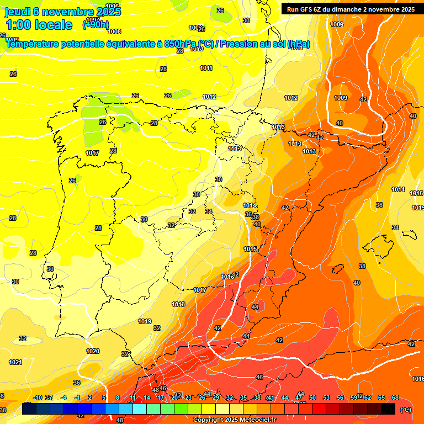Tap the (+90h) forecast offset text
pyautogui.click(x=96, y=24)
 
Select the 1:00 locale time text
pyautogui.click(x=39, y=25)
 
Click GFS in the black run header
pyautogui.click(x=307, y=9)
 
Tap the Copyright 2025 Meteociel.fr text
pyautogui.click(x=234, y=420)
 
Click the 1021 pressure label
pyautogui.click(x=15, y=362)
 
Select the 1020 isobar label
pyautogui.click(x=93, y=351)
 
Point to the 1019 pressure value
pyautogui.click(x=145, y=321)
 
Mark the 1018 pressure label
pyautogui.click(x=178, y=304)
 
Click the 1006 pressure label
pyautogui.click(x=112, y=6)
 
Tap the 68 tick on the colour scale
pyautogui.click(x=396, y=397)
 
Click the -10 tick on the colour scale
pyautogui.click(x=38, y=397)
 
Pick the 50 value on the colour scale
pyautogui.click(x=312, y=397)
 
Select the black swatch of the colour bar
pyautogui.click(x=388, y=409)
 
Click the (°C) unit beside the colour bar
pyautogui.click(x=405, y=410)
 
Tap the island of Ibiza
pyautogui.click(x=336, y=269)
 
